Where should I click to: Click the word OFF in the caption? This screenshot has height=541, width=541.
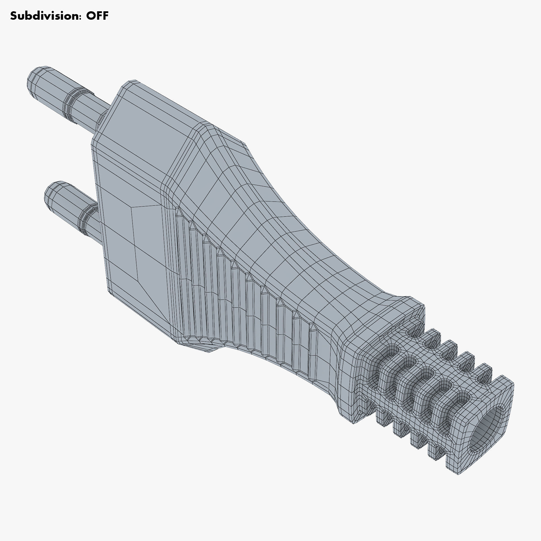click(x=97, y=16)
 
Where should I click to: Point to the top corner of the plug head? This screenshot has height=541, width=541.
click(x=132, y=82)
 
